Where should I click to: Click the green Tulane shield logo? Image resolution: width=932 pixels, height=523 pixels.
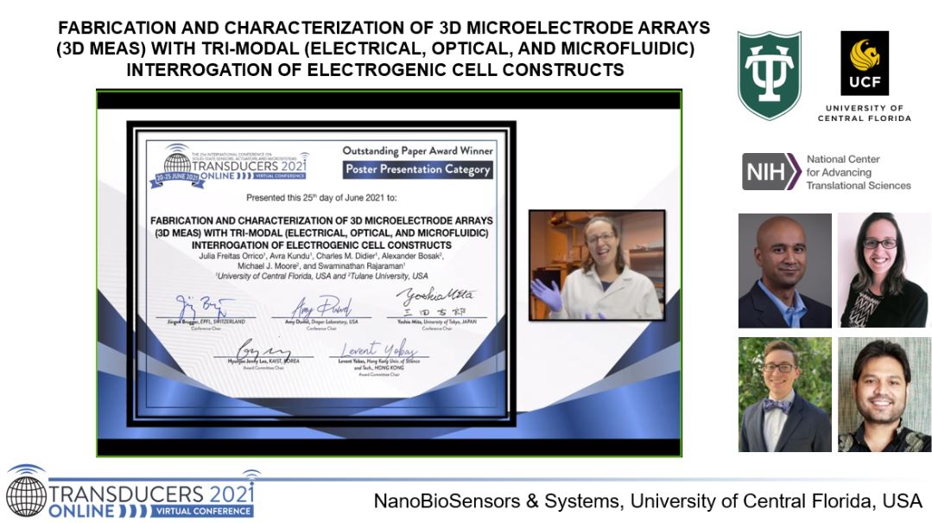769,75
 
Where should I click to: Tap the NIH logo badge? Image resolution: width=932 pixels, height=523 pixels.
770,171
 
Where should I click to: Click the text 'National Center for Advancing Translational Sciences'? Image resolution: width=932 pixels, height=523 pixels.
858,172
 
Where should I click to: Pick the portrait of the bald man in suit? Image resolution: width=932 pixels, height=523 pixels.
784,271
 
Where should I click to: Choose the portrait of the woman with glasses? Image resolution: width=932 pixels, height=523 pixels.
882,271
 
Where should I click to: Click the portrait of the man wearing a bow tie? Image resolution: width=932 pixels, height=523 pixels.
784,394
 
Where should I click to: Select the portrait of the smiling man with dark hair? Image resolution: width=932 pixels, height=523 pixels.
882,394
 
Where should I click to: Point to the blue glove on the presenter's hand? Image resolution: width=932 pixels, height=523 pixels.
545,294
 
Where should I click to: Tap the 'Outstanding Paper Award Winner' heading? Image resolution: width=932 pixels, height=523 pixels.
417,150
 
